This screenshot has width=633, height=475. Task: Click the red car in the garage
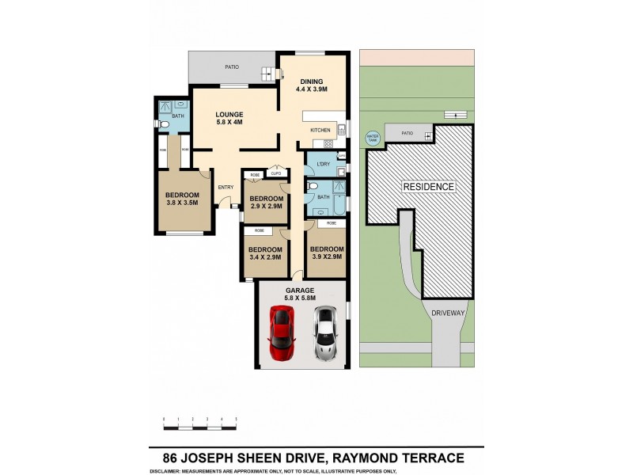coord(282,332)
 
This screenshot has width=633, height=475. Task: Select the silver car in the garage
coord(324,334)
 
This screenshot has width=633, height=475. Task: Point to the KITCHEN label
coord(320,130)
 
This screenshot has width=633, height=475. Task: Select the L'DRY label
coord(322,165)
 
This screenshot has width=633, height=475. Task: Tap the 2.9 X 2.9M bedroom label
coord(267,203)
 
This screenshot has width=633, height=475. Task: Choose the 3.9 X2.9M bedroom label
coord(325,253)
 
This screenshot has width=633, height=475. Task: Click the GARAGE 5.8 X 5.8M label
coord(301,294)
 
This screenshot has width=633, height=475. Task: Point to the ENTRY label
coord(226,188)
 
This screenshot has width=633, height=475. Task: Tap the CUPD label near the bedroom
coord(275,174)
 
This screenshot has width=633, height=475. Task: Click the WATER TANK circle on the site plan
coord(372,138)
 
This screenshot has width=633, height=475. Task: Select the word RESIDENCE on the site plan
coord(429,187)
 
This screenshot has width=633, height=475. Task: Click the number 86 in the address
coord(169,458)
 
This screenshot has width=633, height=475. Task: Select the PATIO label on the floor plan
coord(231,67)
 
